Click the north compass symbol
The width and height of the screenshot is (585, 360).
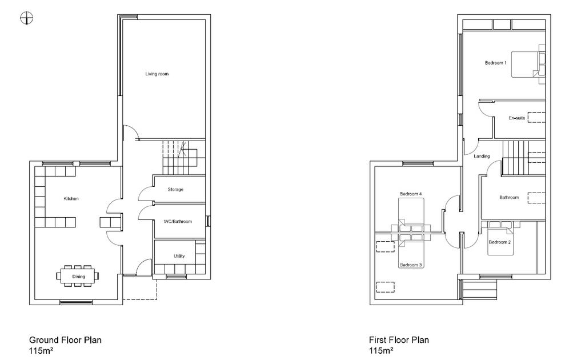[x=26, y=18]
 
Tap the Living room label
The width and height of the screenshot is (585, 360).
[x=157, y=74]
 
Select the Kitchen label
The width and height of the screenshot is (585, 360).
[x=71, y=198]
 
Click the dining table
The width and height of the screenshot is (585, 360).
[x=78, y=276]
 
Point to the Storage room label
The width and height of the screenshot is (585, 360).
[x=175, y=190]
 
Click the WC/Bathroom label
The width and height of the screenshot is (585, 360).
[x=178, y=222]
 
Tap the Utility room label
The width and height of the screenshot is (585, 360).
[x=179, y=256]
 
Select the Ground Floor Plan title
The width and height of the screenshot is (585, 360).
[x=65, y=340]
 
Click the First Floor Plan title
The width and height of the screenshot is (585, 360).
[x=399, y=340]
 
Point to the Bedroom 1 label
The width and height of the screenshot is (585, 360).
[x=495, y=63]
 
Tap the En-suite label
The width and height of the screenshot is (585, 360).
[x=516, y=118]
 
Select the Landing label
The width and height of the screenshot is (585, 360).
[x=482, y=156]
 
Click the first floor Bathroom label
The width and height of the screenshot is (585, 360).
[x=509, y=197]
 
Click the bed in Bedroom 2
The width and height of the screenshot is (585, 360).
[x=500, y=238]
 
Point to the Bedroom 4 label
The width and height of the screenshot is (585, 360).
[x=410, y=194]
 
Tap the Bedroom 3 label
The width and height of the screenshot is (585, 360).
[x=410, y=265]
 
